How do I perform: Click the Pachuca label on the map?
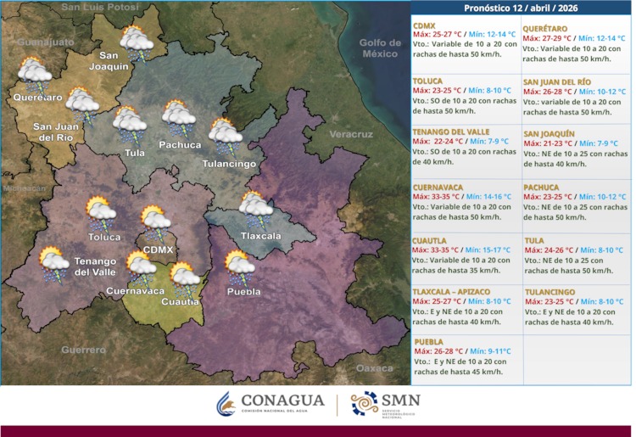point(180,145)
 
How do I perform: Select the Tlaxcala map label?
point(260,236)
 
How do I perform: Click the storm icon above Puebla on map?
point(240,266)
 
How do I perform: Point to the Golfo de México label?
point(378,48)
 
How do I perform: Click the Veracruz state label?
point(351,135)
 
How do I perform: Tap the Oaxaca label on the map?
point(374,368)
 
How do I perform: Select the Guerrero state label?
point(83,350)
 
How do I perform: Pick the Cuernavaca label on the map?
point(136,291)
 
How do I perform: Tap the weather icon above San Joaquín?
point(136,42)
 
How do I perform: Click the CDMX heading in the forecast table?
point(425,27)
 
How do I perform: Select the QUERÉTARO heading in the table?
point(545,27)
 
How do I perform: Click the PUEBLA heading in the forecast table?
point(429,341)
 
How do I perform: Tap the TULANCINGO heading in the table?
point(550,292)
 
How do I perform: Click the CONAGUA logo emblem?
point(225,405)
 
